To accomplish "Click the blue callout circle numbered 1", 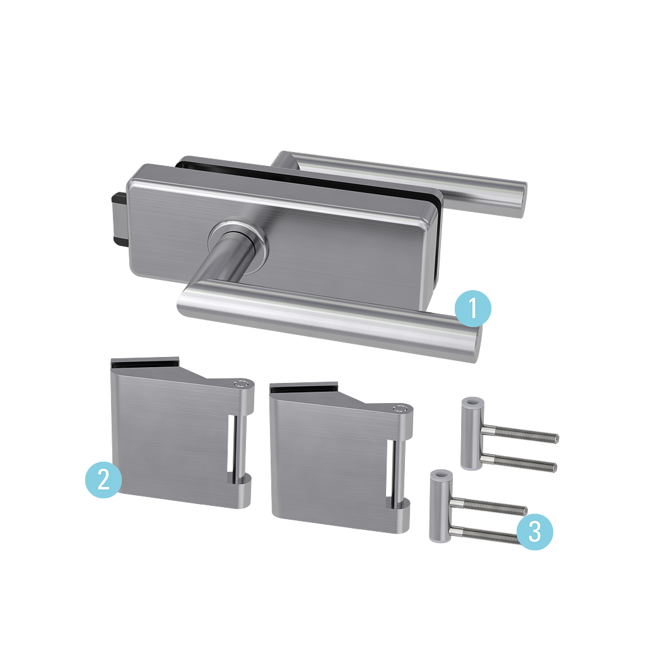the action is pyautogui.click(x=472, y=308).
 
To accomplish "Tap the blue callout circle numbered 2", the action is pyautogui.click(x=103, y=479).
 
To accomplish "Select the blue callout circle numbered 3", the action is pyautogui.click(x=535, y=531).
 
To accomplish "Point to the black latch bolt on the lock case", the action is pyautogui.click(x=119, y=218).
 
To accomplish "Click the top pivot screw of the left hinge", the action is pyautogui.click(x=240, y=383).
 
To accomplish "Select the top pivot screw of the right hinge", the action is pyautogui.click(x=399, y=408).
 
